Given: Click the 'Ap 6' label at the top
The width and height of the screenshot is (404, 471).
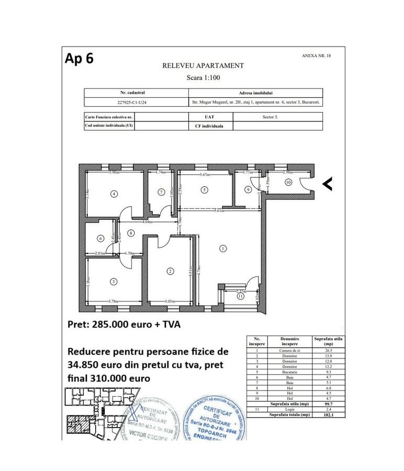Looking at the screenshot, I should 79,58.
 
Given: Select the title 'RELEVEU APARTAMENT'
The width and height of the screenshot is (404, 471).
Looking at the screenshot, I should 203,66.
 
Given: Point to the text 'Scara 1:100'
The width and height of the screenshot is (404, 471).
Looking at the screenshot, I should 203,77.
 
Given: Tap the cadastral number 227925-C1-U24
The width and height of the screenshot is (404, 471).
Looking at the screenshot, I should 136,103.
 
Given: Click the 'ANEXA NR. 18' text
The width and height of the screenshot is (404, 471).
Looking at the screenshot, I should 316,55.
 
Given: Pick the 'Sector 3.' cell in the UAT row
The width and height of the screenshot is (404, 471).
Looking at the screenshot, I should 270,117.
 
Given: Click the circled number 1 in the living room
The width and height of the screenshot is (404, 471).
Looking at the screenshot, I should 223,249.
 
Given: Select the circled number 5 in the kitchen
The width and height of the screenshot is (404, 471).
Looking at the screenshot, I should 204,190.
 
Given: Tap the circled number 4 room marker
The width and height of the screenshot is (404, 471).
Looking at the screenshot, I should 114,194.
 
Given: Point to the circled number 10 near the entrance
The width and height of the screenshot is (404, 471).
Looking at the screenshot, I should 288,182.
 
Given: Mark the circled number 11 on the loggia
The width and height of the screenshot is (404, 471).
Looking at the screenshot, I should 240,296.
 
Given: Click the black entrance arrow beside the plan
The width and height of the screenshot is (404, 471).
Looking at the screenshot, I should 327,184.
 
